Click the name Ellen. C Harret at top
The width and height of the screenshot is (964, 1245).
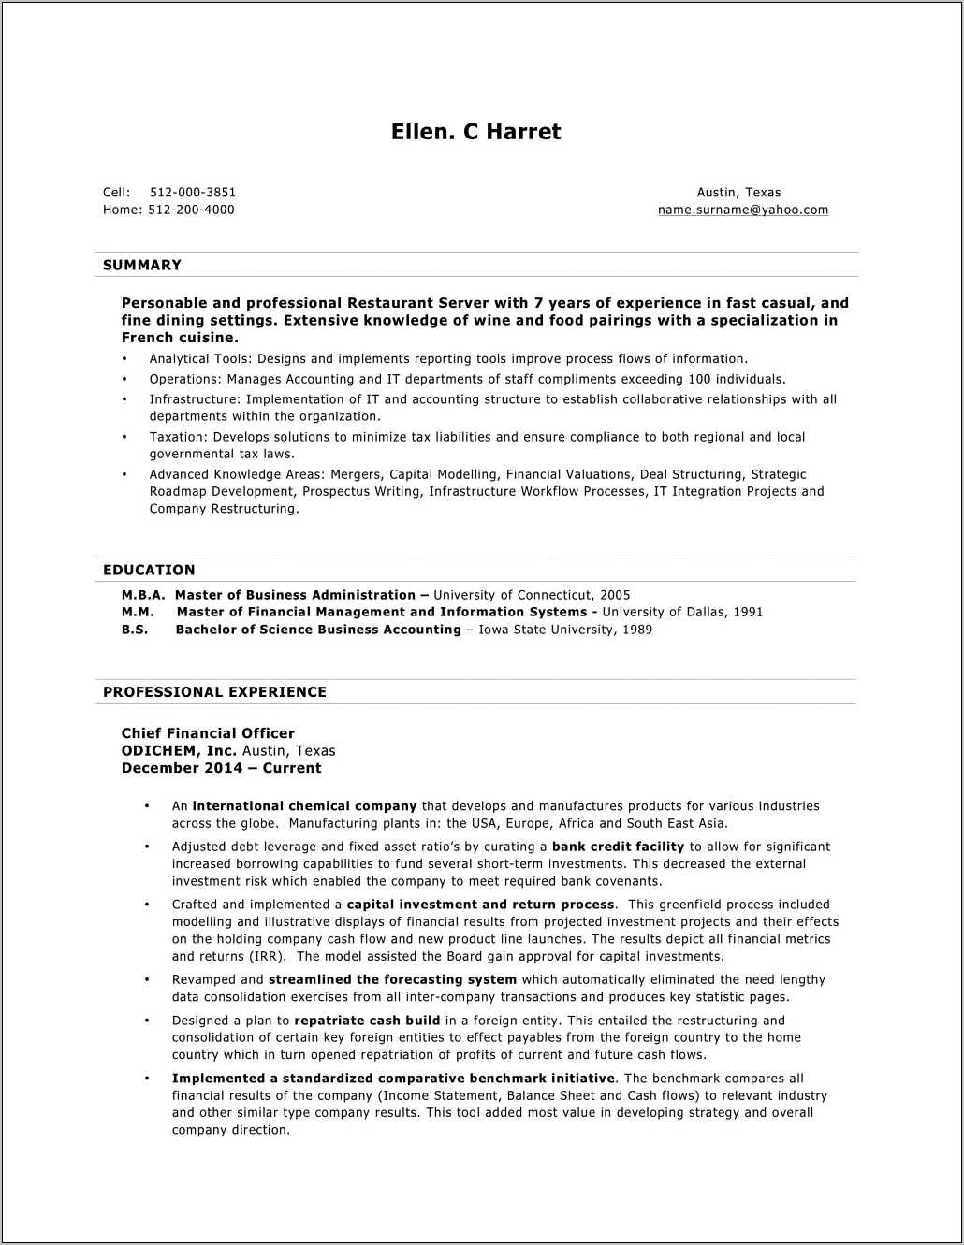coord(475,132)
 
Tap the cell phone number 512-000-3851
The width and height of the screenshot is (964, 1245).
coord(193,193)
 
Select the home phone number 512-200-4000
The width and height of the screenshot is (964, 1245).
coord(191,210)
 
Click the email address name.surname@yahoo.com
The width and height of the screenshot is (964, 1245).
coord(742,210)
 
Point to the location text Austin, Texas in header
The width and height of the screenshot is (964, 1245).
coord(738,193)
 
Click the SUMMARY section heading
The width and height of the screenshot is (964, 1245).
coord(142,265)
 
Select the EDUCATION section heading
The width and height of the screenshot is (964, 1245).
coord(149,570)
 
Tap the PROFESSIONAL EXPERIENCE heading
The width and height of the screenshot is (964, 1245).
coord(214,692)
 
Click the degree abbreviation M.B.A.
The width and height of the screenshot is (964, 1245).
coord(142,595)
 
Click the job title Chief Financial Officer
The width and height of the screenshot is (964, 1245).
coord(208,733)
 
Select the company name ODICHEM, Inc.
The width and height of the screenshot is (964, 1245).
coord(179,750)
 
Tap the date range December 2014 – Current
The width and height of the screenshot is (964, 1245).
coord(221,768)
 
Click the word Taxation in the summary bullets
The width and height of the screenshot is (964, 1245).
coord(177,437)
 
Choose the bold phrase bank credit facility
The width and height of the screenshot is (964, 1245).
coord(618,847)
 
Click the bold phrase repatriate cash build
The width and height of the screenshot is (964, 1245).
coord(367,1021)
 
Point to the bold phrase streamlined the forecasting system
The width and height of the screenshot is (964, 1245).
coord(392,979)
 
